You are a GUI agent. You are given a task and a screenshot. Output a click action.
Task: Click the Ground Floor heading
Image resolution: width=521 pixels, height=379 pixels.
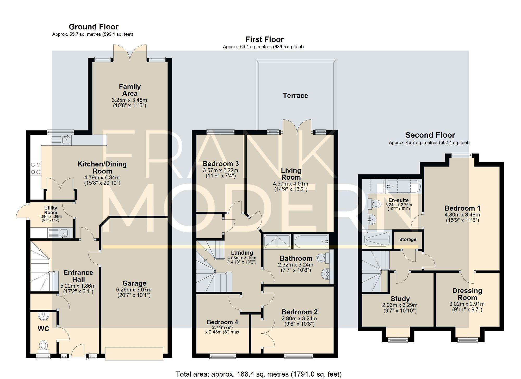94,27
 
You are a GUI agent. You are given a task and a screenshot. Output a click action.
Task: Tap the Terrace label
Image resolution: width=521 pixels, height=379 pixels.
295,96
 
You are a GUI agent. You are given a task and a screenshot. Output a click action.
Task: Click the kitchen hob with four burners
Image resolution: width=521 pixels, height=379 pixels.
36,168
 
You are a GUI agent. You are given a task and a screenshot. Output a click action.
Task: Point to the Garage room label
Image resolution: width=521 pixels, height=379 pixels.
134,283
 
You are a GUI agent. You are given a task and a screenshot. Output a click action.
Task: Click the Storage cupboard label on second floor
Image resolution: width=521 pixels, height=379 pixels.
408,239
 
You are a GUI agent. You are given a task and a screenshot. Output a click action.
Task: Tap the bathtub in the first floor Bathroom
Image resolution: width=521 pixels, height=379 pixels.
312,241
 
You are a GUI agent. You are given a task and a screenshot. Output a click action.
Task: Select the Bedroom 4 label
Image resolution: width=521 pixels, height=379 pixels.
222,322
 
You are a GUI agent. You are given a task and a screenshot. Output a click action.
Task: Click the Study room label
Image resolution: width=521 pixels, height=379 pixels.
400,299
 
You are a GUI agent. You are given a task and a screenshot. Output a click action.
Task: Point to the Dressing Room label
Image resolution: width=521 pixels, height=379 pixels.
467,294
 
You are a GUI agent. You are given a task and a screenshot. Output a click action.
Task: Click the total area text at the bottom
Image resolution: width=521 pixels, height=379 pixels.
258,374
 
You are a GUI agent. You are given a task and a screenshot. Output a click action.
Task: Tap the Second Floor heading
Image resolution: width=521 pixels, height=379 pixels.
430,135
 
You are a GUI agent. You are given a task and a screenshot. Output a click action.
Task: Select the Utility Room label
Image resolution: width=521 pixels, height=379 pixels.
51,210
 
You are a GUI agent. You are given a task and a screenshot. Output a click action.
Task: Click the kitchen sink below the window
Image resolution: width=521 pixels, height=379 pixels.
66,140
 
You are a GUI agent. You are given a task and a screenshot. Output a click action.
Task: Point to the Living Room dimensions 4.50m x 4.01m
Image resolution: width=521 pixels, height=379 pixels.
291,184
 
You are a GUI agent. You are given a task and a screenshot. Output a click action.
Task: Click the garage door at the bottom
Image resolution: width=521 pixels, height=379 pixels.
134,353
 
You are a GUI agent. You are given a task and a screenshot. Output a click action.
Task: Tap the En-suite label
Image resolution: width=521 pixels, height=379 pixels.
399,200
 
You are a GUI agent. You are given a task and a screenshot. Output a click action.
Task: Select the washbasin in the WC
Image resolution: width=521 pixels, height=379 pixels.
43,316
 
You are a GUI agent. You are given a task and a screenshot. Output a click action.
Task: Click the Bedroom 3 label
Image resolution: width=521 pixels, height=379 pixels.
221,164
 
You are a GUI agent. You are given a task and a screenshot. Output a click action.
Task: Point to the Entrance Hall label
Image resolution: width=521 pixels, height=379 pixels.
78,276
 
